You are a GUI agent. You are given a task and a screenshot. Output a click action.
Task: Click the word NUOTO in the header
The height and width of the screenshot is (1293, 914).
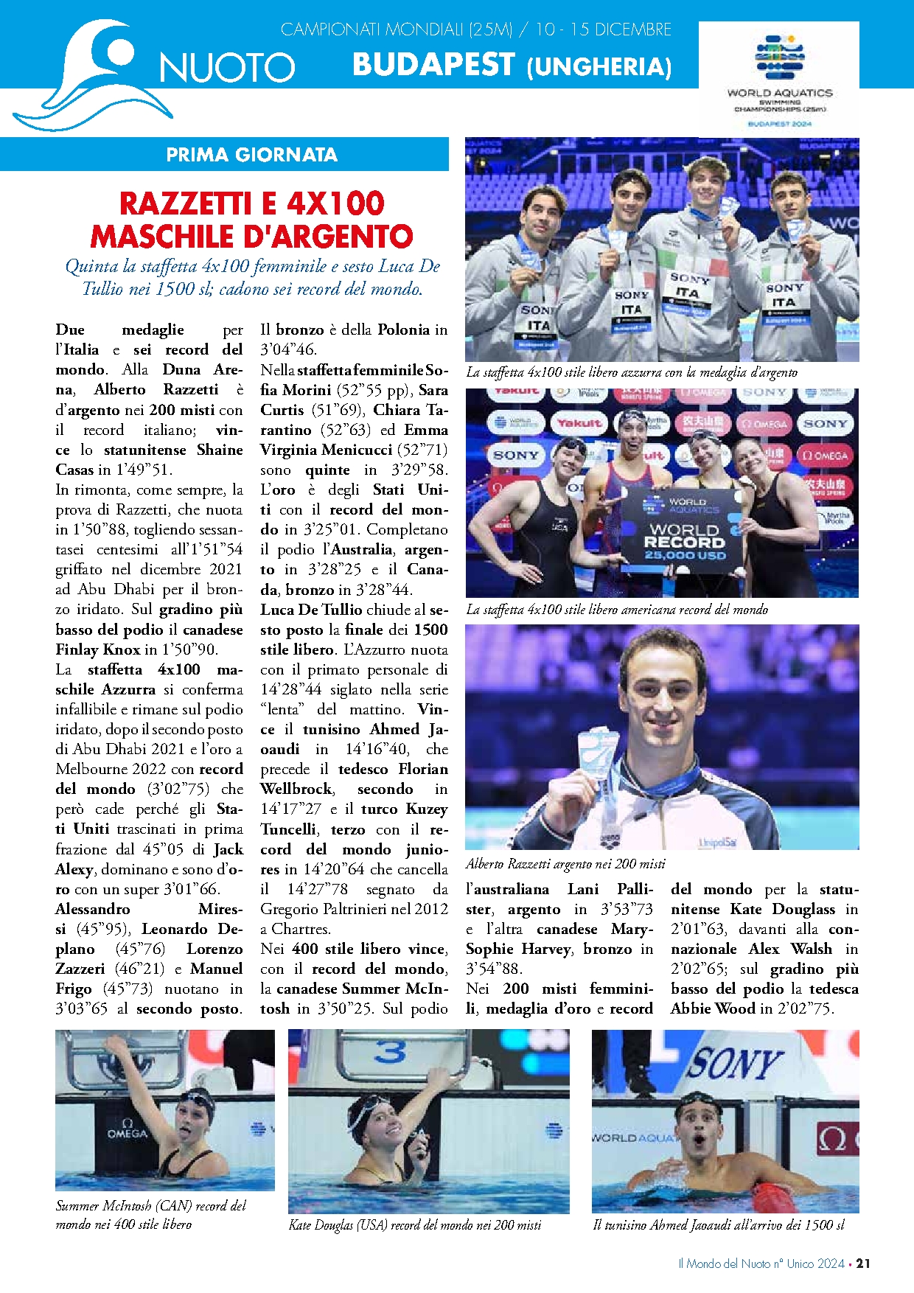click(x=227, y=68)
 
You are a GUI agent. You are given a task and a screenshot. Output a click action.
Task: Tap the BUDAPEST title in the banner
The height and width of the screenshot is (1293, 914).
click(x=433, y=65)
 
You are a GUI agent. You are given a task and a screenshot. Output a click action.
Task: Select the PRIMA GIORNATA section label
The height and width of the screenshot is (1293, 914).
click(x=251, y=155)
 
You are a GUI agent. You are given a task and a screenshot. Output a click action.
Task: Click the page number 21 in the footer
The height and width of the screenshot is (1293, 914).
click(x=863, y=1263)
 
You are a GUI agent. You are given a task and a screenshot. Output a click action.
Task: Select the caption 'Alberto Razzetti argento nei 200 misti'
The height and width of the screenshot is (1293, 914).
click(x=565, y=863)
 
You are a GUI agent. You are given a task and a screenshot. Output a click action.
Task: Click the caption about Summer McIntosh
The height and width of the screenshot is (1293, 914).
click(x=150, y=1215)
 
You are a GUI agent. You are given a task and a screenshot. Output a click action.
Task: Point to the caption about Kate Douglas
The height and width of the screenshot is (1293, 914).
click(x=415, y=1224)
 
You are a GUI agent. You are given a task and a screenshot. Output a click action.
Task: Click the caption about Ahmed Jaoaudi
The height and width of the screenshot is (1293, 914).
click(x=719, y=1224)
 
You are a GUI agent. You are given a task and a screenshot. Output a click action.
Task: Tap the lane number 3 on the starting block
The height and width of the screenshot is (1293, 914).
click(x=389, y=1052)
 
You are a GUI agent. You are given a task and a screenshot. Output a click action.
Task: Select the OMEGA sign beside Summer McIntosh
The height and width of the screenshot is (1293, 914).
click(x=127, y=1131)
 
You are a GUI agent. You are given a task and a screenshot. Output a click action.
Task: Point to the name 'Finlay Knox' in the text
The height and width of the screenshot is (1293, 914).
click(x=98, y=649)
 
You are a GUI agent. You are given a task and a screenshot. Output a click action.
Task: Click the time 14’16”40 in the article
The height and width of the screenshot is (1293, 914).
click(x=377, y=749)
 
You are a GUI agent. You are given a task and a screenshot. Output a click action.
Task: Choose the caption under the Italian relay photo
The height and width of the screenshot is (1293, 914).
click(x=631, y=372)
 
